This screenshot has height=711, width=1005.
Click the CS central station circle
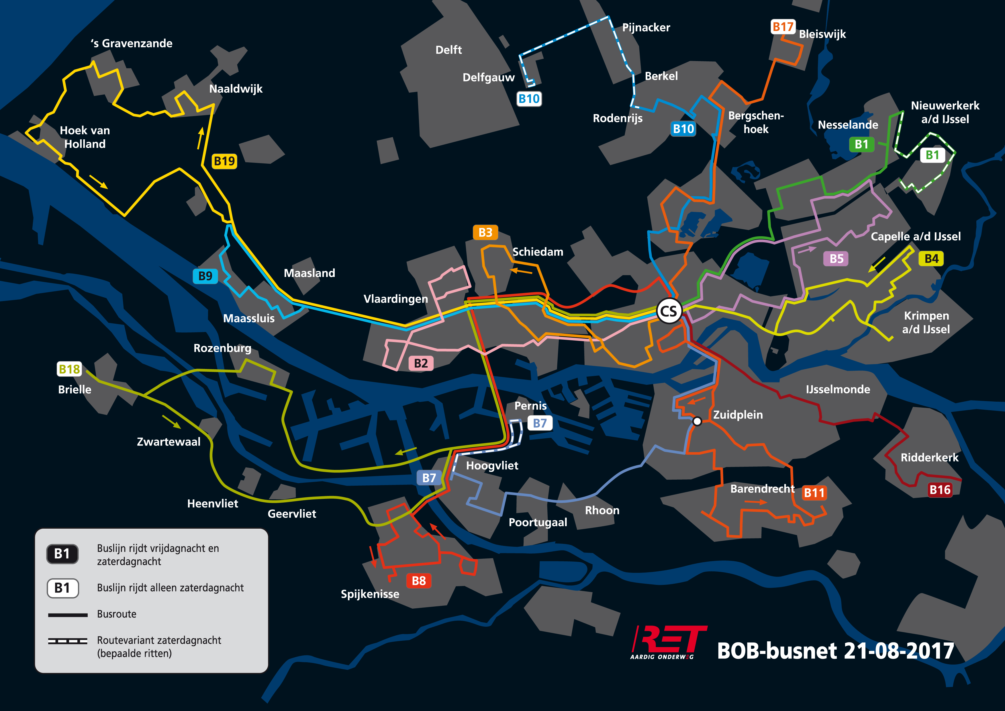pyautogui.click(x=669, y=311)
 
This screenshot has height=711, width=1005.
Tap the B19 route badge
pyautogui.click(x=224, y=161)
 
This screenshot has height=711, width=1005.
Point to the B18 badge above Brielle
pyautogui.click(x=69, y=369)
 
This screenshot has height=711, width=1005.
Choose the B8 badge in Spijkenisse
pyautogui.click(x=419, y=581)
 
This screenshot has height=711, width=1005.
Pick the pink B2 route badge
pyautogui.click(x=421, y=363)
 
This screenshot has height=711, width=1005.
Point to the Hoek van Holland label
pyautogui.click(x=85, y=137)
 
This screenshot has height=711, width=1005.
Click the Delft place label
pyautogui.click(x=449, y=50)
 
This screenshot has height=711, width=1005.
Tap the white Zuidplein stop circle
pyautogui.click(x=697, y=421)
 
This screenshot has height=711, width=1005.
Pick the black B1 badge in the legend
pyautogui.click(x=62, y=554)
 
